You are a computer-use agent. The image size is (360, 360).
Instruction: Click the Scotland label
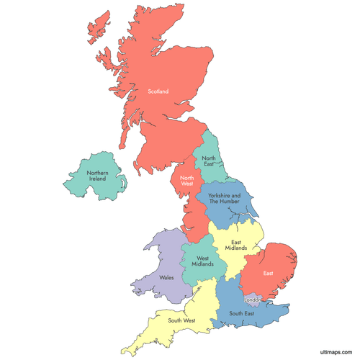[x=158, y=91]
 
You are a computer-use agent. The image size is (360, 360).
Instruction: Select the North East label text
[x=209, y=161]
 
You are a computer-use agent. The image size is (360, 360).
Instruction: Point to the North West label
[x=186, y=181]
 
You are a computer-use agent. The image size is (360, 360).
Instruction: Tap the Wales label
[x=167, y=276]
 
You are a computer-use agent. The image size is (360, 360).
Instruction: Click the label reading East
[x=268, y=273]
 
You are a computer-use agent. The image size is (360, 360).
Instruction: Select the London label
[x=253, y=299]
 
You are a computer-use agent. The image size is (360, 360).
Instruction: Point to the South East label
[x=242, y=313]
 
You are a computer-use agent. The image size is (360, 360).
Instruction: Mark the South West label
[x=181, y=320]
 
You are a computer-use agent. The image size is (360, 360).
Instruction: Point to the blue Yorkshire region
[x=238, y=212]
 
